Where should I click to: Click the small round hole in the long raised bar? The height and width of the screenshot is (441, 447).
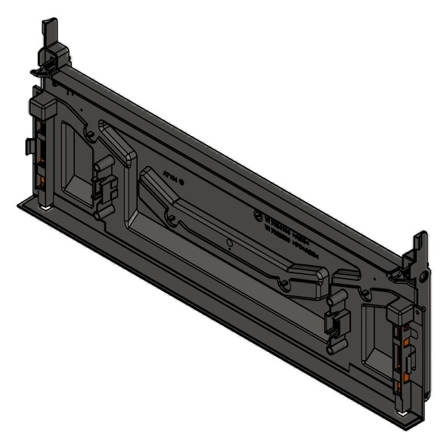click(x=229, y=243)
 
